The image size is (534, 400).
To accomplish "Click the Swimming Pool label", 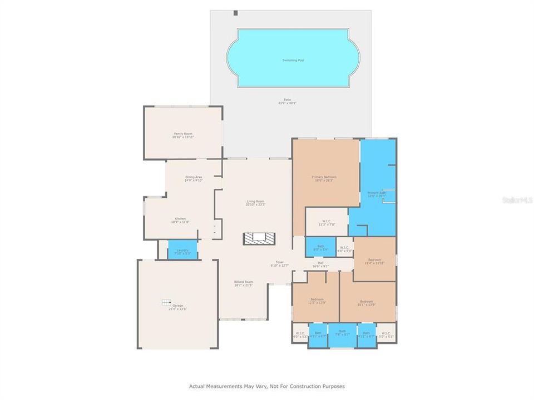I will (x=293, y=60).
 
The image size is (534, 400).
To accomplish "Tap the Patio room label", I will (x=287, y=101).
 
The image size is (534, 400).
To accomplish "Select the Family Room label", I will (x=183, y=135).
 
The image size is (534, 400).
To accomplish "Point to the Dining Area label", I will (x=194, y=178).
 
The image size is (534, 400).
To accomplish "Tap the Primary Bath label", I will (x=376, y=193).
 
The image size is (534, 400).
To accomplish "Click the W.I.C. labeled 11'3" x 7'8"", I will (x=326, y=223).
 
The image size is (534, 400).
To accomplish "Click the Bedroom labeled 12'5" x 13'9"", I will (x=317, y=301).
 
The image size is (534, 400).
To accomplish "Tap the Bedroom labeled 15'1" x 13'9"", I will (x=367, y=301).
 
